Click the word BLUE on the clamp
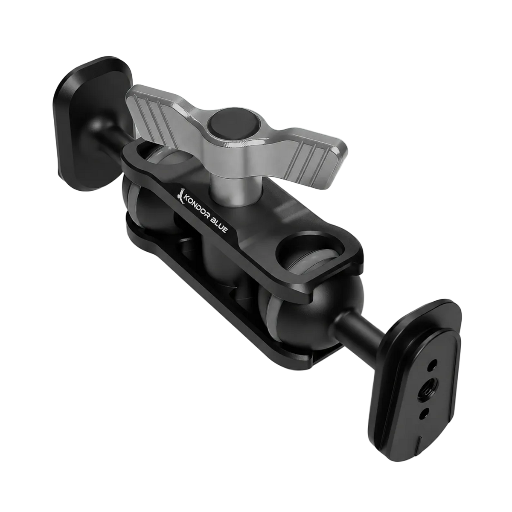tap(219, 227)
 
